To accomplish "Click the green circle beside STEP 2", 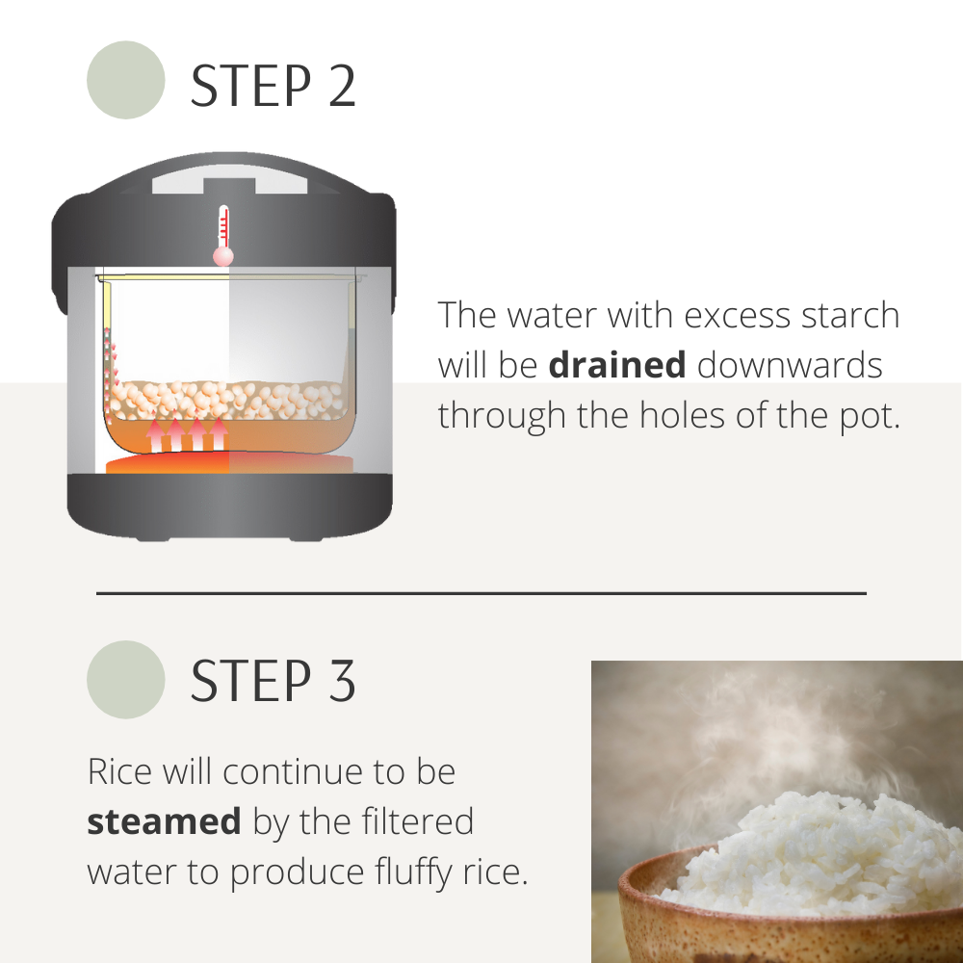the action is click(x=126, y=80).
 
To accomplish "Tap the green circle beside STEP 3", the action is click(x=126, y=679).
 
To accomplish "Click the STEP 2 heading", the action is click(x=273, y=86).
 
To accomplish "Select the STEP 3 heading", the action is click(x=273, y=680).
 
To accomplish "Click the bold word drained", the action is click(x=617, y=365).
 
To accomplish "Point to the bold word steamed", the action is click(x=164, y=821).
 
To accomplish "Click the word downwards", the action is click(x=790, y=365).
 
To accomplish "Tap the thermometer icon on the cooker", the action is click(x=223, y=235).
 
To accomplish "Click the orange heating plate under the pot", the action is click(x=230, y=464).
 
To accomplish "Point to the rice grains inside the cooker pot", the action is click(x=227, y=401).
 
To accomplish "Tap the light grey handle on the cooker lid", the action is click(x=230, y=181).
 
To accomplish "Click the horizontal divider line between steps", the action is click(x=481, y=593).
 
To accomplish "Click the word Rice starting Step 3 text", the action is click(x=119, y=771).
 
